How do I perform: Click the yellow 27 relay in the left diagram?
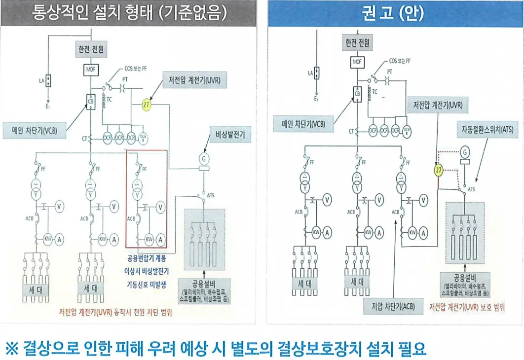click(x=147, y=105)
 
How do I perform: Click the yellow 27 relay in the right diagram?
click(x=438, y=170)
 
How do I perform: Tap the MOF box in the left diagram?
click(x=90, y=69)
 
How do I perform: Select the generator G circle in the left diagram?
click(x=202, y=159)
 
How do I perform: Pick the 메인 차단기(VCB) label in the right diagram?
click(x=303, y=124)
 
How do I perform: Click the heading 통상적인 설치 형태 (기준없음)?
click(x=129, y=13)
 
